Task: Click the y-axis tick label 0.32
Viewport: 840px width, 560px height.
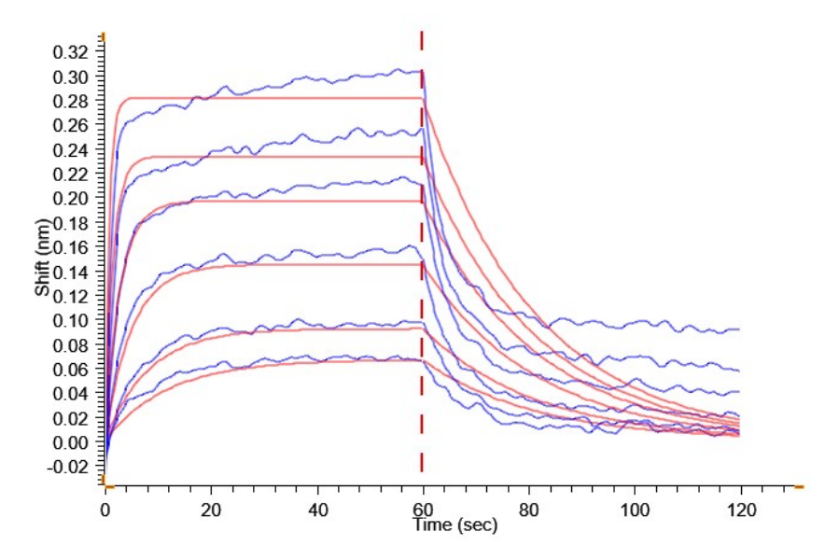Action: pyautogui.click(x=74, y=52)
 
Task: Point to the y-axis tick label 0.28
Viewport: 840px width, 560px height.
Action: pyautogui.click(x=74, y=101)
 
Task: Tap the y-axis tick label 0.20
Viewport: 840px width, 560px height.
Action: pyautogui.click(x=74, y=199)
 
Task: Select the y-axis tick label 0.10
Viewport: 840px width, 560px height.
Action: pyautogui.click(x=74, y=321)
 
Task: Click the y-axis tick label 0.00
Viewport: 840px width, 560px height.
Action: pyautogui.click(x=74, y=442)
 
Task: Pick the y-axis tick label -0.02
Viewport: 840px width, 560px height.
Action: pyautogui.click(x=72, y=467)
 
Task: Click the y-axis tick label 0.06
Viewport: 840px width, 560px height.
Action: pyautogui.click(x=74, y=370)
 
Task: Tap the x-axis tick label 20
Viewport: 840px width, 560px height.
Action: pyautogui.click(x=212, y=511)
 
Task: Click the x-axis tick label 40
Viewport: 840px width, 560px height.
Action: pyautogui.click(x=317, y=511)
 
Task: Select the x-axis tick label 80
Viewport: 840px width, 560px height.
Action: pyautogui.click(x=529, y=511)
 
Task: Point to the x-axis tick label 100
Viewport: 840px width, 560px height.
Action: pyautogui.click(x=635, y=511)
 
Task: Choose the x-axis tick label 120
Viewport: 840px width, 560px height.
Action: pyautogui.click(x=740, y=511)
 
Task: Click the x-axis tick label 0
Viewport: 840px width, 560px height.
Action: pyautogui.click(x=105, y=511)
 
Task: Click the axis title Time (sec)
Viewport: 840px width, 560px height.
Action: pyautogui.click(x=455, y=525)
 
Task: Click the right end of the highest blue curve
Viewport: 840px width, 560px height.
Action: pyautogui.click(x=739, y=329)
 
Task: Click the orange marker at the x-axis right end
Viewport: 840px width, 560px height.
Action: pyautogui.click(x=799, y=486)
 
